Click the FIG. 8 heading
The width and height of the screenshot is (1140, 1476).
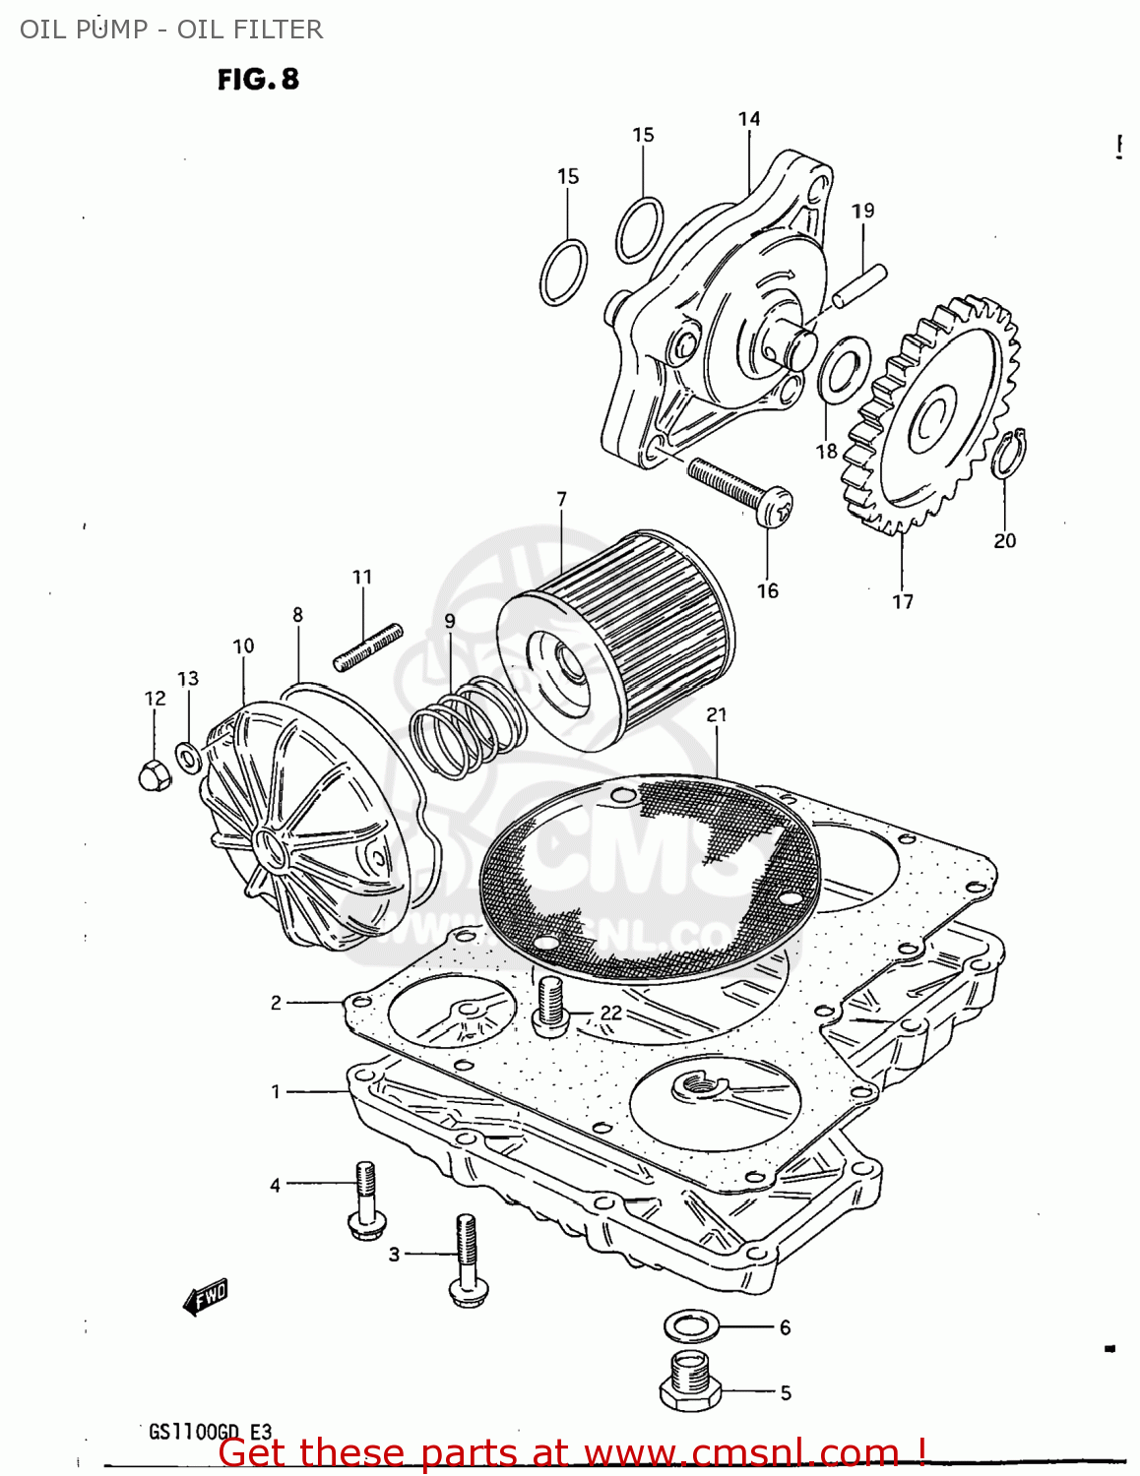tap(258, 79)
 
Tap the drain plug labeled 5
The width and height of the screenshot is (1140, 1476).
tap(690, 1381)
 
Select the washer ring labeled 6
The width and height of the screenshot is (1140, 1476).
tap(691, 1325)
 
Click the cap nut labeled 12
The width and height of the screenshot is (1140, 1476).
tap(155, 774)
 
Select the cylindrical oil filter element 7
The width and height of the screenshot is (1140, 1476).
tap(615, 641)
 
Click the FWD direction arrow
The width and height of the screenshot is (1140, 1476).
tap(206, 1298)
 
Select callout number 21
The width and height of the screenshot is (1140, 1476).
tap(717, 715)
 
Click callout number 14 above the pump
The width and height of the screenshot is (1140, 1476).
tap(749, 119)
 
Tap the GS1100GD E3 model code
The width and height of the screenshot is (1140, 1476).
tap(210, 1432)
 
